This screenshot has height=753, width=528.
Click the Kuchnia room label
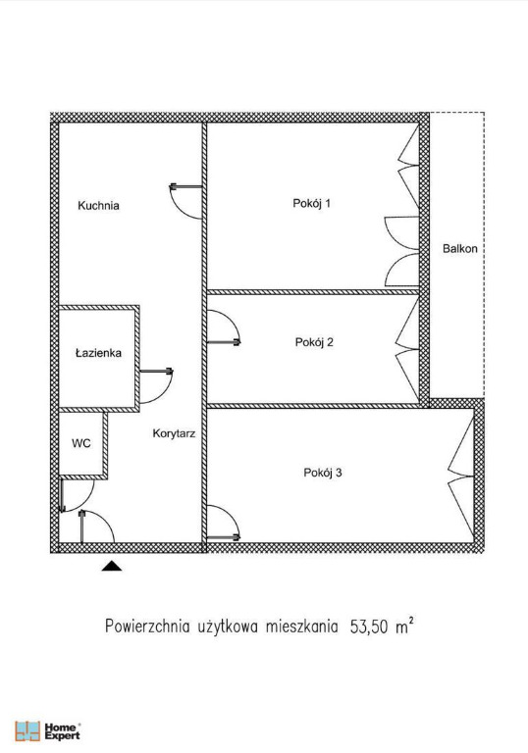click(x=98, y=206)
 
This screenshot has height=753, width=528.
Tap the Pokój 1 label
click(x=312, y=203)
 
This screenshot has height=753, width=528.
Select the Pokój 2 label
click(x=314, y=342)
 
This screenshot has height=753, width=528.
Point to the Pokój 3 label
click(x=323, y=473)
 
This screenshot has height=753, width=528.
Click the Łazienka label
click(x=98, y=353)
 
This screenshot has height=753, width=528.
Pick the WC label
click(x=81, y=443)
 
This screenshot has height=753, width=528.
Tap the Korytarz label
click(x=174, y=433)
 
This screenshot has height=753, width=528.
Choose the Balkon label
click(x=460, y=249)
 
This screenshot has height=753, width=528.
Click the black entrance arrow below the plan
click(x=112, y=566)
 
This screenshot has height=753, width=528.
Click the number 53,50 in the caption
click(x=368, y=627)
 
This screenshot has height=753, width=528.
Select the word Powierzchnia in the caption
click(x=147, y=627)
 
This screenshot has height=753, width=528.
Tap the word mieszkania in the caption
click(x=302, y=627)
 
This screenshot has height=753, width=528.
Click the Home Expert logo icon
click(x=27, y=730)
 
